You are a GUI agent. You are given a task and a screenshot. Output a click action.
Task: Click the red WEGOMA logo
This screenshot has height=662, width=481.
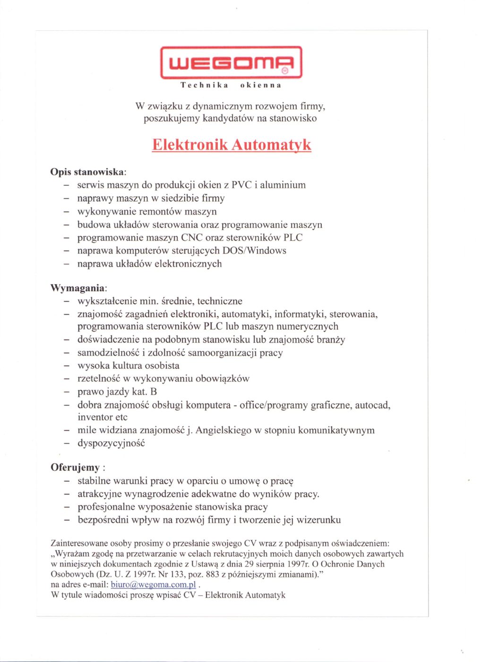[x=231, y=62]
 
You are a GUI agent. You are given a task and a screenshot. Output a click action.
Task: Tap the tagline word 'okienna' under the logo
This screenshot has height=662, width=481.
[x=261, y=86]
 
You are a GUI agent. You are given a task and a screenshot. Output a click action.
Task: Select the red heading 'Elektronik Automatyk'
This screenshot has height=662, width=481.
[x=232, y=144]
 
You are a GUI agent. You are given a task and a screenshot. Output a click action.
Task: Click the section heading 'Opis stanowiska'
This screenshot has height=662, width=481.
[x=87, y=172]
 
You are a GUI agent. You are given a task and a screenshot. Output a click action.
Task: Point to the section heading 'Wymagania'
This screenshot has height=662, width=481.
[x=77, y=288]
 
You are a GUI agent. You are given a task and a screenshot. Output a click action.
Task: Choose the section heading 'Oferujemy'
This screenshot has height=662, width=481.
[x=75, y=468]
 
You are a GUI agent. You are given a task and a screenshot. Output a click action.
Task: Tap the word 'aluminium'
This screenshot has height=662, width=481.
[x=283, y=185]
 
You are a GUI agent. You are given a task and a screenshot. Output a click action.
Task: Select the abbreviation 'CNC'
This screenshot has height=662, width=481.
[x=192, y=237]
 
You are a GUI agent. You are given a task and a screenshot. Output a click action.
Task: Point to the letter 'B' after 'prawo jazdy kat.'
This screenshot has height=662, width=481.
[x=154, y=392]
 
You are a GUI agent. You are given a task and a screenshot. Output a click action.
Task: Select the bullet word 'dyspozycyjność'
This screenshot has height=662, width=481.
[x=111, y=444]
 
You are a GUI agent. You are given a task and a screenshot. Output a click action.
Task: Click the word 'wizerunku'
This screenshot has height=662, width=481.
[x=318, y=520]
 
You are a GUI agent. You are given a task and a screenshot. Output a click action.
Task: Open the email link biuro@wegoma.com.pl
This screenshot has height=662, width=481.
[x=153, y=585]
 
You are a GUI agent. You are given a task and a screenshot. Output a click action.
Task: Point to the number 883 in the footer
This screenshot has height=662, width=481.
[x=213, y=575]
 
